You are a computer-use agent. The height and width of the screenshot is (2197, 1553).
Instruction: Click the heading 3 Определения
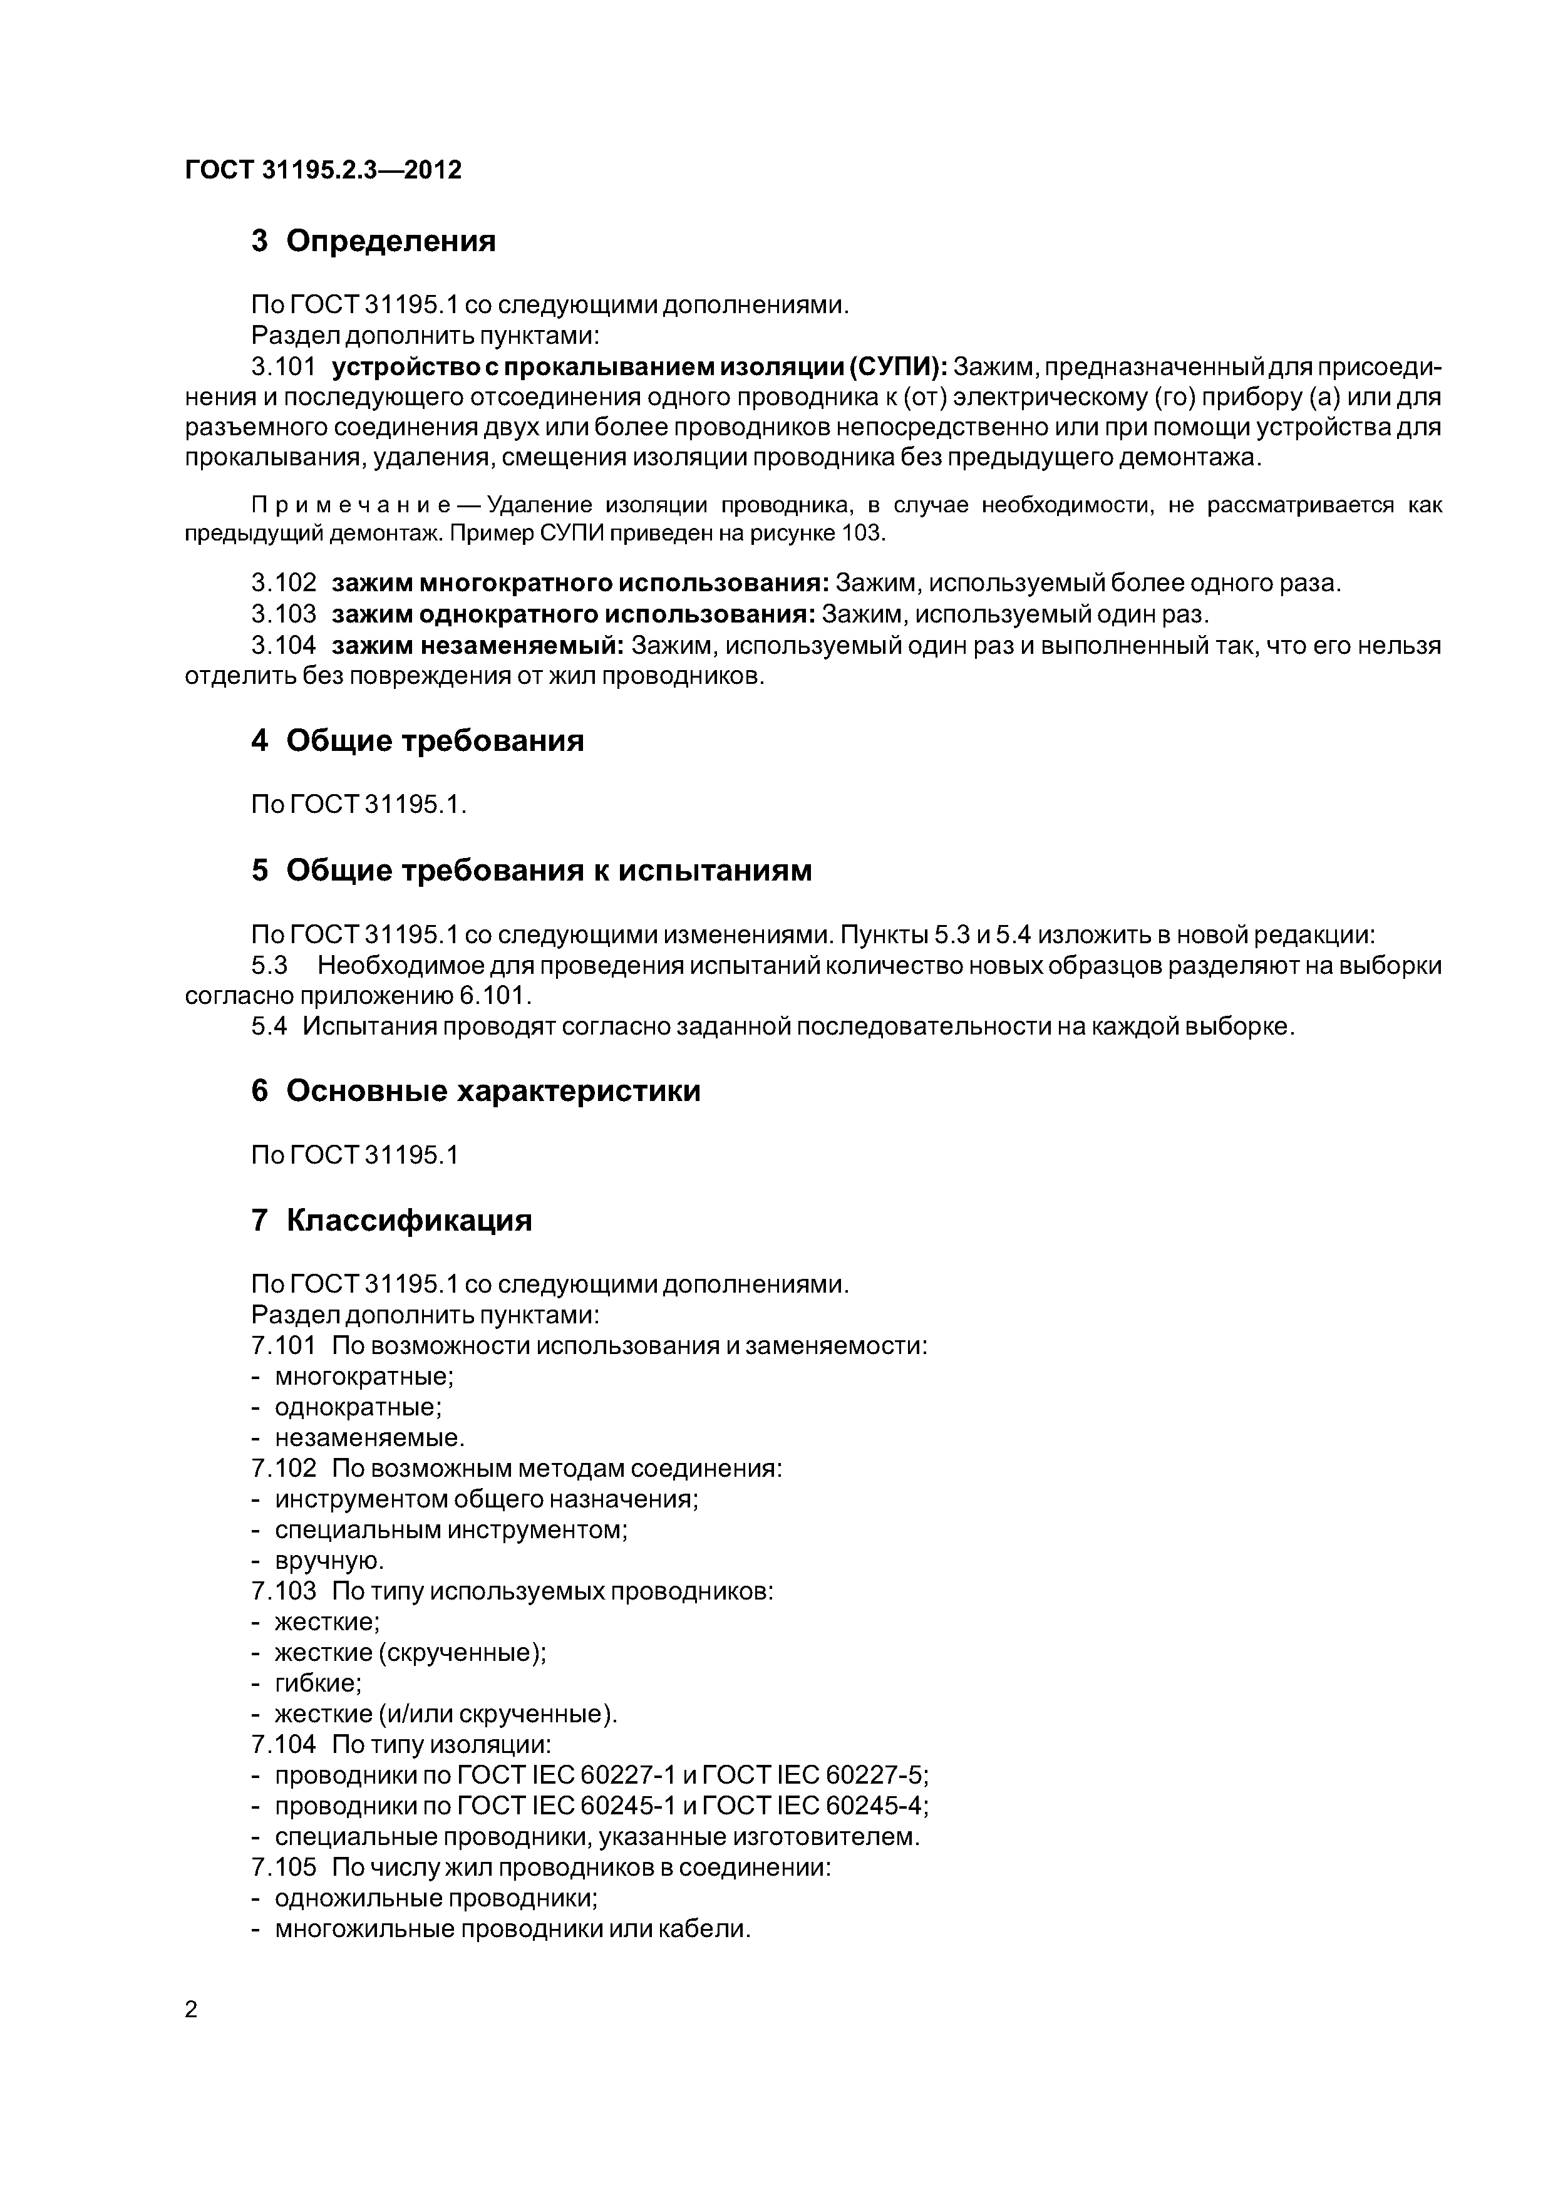[x=373, y=241]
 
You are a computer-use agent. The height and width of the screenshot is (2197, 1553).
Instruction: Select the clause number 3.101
[x=283, y=368]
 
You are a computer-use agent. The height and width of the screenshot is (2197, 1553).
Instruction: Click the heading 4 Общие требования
[x=416, y=741]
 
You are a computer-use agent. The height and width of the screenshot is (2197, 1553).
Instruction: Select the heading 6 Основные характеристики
[x=475, y=1091]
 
